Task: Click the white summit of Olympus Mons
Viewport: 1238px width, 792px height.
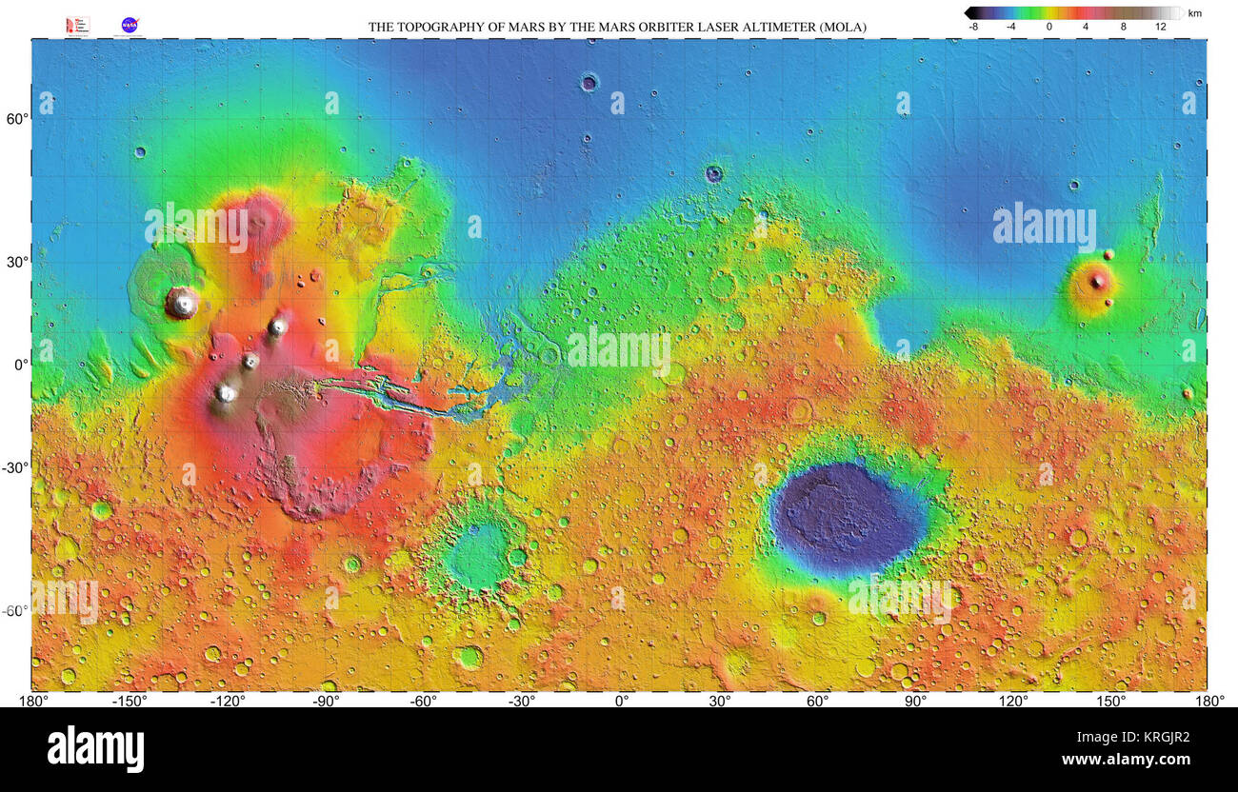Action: click(182, 303)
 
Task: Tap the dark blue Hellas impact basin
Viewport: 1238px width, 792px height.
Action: click(846, 517)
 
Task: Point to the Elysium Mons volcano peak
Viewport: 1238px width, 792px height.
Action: click(1096, 280)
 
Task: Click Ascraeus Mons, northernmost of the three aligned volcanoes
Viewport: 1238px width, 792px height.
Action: click(278, 327)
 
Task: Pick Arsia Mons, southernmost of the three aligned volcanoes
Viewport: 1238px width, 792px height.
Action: click(227, 392)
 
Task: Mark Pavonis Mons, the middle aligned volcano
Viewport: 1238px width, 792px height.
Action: click(250, 361)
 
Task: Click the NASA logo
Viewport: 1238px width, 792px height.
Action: click(130, 26)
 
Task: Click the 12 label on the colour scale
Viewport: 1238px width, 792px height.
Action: click(1160, 28)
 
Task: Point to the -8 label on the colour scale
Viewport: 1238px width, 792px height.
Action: click(973, 28)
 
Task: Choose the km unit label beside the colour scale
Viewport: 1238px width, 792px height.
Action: click(1194, 13)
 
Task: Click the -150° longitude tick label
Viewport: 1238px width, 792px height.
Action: click(130, 702)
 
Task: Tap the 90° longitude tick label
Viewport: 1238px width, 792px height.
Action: click(915, 702)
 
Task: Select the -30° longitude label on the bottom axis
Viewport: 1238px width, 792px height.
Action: click(521, 702)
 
